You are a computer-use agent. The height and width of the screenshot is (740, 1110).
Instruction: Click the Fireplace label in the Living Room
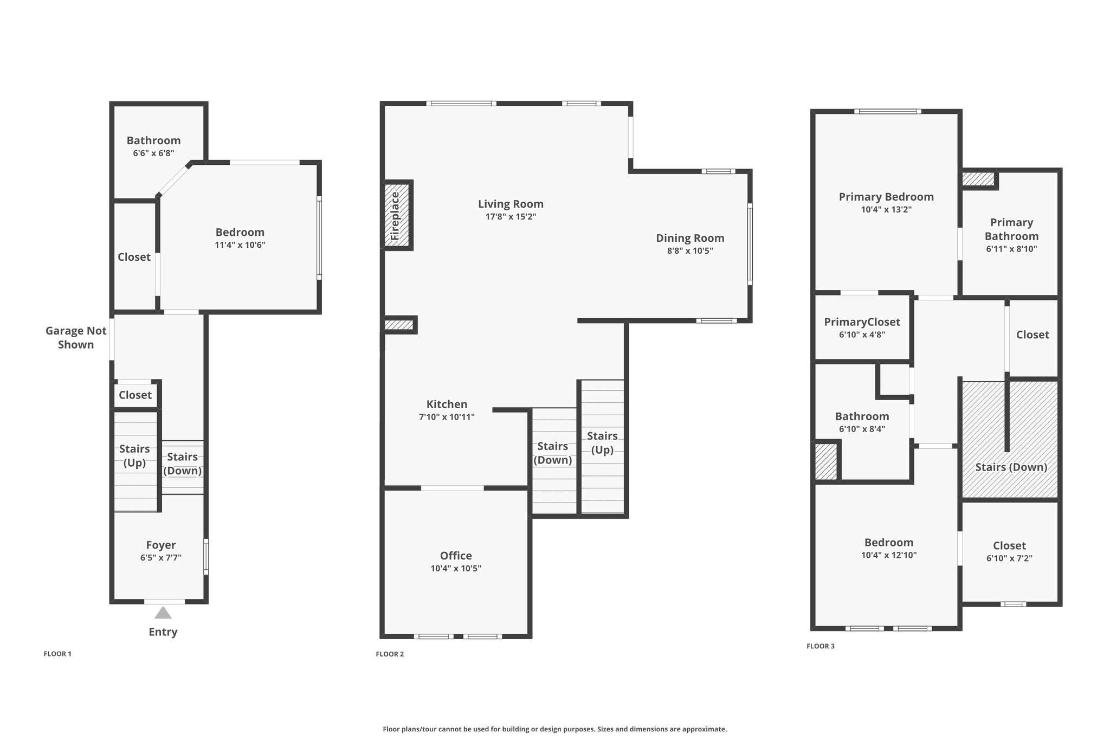tap(395, 216)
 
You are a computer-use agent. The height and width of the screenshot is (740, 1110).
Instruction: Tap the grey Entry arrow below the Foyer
tap(163, 613)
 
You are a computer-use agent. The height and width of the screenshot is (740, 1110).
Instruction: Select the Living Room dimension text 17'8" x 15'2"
tap(511, 217)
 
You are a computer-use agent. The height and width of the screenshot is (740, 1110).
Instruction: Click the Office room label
tap(456, 556)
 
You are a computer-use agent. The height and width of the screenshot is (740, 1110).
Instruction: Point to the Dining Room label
tap(690, 238)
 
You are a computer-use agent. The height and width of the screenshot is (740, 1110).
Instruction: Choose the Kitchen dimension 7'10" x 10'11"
tap(447, 417)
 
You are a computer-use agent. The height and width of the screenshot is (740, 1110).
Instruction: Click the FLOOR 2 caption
tap(390, 654)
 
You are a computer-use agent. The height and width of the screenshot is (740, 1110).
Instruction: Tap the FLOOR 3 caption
tap(821, 646)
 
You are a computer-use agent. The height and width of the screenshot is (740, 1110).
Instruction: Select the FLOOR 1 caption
tap(57, 654)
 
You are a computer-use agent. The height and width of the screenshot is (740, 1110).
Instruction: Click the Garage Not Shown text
tap(76, 338)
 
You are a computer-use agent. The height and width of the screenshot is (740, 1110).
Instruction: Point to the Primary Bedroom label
tap(886, 197)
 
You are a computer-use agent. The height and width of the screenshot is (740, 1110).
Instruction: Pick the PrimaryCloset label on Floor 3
tap(862, 322)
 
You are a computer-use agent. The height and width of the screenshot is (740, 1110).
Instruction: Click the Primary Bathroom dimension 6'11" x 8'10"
tap(1011, 249)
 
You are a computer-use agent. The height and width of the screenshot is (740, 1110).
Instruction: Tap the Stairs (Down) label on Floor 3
tap(1011, 467)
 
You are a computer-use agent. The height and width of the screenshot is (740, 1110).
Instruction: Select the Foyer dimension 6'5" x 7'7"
tap(160, 558)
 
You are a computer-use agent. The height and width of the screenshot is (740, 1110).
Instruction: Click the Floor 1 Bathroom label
tap(153, 140)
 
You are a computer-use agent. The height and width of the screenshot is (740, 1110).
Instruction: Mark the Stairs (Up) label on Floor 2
tap(602, 443)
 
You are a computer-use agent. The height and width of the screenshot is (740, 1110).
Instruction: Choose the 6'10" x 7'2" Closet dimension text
tap(1009, 558)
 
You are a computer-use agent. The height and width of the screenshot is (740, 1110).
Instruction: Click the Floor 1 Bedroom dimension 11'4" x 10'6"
tap(240, 245)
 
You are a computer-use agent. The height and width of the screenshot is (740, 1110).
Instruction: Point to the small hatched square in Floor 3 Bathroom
tap(827, 461)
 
